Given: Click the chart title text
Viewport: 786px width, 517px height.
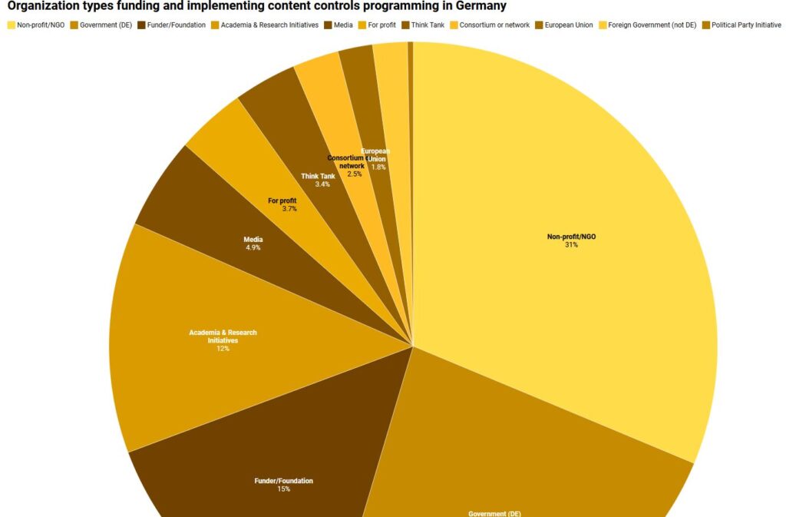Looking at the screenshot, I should (x=257, y=7).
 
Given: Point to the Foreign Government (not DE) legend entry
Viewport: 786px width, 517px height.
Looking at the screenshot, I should (x=652, y=25).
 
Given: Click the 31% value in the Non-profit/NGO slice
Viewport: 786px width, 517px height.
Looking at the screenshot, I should (x=571, y=245).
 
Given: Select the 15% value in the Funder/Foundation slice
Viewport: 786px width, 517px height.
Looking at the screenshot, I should (x=283, y=489).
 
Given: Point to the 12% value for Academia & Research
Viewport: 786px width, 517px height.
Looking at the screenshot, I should (x=223, y=349).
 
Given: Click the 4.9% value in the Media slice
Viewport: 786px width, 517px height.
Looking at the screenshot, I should (x=253, y=248).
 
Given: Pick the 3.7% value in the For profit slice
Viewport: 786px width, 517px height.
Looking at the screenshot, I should (x=289, y=209).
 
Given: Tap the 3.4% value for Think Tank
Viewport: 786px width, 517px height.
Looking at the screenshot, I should (x=322, y=184).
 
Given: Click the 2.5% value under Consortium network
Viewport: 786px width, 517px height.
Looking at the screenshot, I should (x=354, y=174).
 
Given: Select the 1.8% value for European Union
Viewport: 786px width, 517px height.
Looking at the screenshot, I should (x=378, y=167).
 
